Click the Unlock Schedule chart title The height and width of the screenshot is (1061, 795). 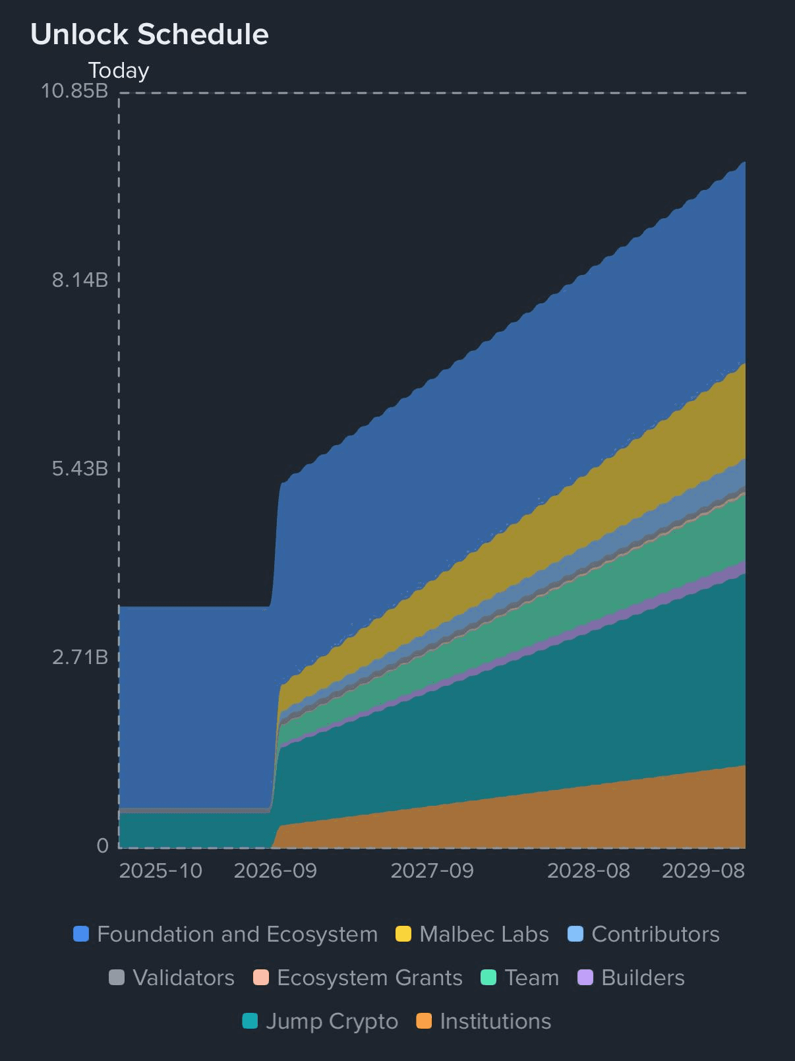(149, 34)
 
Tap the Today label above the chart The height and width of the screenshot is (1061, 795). (119, 71)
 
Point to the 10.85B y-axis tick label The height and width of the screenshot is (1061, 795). (74, 90)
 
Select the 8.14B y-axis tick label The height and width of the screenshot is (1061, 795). (80, 280)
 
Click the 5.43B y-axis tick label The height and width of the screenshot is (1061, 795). (80, 469)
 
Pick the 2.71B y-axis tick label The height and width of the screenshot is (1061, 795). (80, 657)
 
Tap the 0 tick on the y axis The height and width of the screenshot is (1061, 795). (102, 845)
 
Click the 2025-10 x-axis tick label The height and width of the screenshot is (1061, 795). (160, 870)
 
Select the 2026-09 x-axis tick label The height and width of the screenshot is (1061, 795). (276, 870)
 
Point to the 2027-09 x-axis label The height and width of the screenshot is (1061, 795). (432, 870)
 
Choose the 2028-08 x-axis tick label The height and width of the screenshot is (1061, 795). (589, 870)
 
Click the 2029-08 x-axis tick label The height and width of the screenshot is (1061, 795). (703, 870)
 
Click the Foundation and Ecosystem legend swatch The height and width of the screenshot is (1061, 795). (81, 934)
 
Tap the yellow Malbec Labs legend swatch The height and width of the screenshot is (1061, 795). (403, 934)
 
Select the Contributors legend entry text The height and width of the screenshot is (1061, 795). (655, 934)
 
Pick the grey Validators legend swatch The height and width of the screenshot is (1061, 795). (117, 977)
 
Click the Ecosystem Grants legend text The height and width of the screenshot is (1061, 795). (369, 977)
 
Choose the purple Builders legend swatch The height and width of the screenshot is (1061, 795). (585, 977)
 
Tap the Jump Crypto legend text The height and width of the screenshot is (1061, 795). (332, 1021)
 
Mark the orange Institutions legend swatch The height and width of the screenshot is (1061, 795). (424, 1021)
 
